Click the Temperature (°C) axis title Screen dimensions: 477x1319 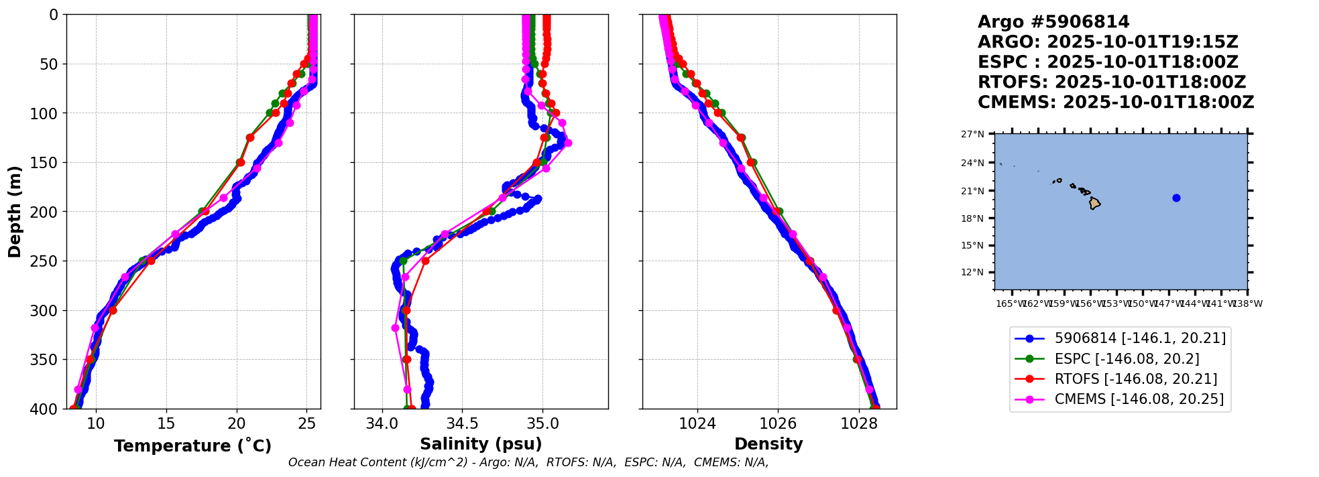pos(192,446)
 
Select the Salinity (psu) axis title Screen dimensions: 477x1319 pos(481,444)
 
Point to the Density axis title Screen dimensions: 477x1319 pos(768,444)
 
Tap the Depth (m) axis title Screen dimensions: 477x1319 pos(15,212)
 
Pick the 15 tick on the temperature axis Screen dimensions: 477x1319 pos(166,423)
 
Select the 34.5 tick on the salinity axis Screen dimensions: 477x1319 pos(462,423)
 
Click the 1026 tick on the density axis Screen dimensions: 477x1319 pos(778,423)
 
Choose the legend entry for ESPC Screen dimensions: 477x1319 pos(1127,358)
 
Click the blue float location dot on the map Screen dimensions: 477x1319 pos(1176,198)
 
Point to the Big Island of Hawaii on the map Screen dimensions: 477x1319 pos(1094,203)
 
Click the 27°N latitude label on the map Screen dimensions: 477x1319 pos(972,134)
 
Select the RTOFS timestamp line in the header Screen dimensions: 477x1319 pos(1111,82)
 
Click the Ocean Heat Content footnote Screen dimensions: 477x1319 pos(528,462)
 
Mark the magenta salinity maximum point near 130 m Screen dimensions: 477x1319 pos(568,143)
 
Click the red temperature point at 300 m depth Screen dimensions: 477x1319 pos(113,310)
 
